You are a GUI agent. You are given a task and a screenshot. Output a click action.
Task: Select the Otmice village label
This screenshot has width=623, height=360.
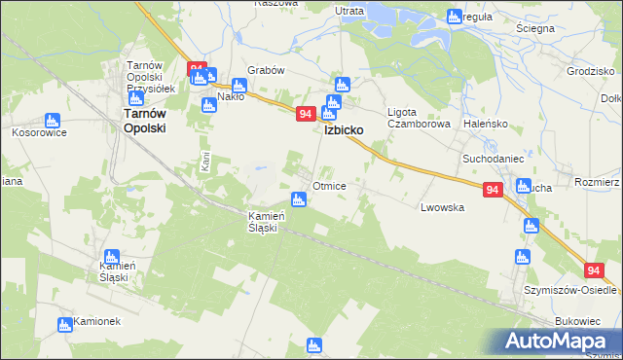[x=330, y=185]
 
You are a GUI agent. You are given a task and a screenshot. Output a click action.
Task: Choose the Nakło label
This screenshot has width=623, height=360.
[x=231, y=96]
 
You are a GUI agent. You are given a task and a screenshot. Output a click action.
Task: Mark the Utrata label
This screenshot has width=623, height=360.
[x=349, y=11]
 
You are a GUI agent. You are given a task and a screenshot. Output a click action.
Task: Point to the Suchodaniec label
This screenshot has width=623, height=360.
[x=494, y=157]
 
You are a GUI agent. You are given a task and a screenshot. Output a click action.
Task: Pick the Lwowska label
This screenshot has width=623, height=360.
[x=442, y=207]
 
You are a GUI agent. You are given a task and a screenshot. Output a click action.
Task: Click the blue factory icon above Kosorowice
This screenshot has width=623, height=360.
[x=50, y=122]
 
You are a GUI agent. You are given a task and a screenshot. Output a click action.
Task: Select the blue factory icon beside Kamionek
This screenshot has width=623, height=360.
[x=66, y=324]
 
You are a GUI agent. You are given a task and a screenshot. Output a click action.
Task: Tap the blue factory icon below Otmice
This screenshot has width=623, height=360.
[x=300, y=200]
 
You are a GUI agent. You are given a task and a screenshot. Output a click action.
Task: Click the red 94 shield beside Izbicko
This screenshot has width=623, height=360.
[x=305, y=114]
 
